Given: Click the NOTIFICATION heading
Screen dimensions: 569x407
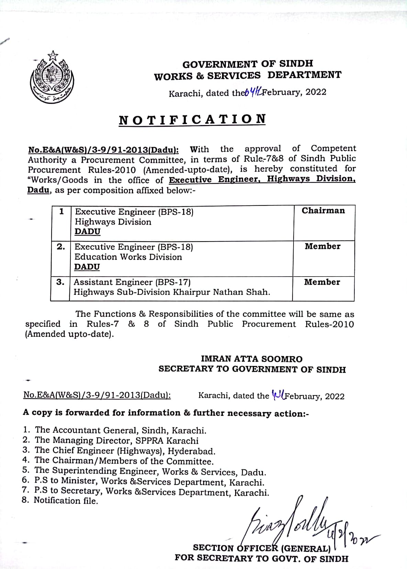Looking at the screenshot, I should point(192,120).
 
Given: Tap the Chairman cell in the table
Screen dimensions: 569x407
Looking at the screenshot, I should point(323,211).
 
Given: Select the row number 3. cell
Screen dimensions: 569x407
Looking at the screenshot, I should point(60,282).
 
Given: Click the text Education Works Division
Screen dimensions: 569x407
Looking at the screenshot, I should point(128,257).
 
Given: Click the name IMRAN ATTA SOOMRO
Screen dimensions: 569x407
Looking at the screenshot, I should point(252,359).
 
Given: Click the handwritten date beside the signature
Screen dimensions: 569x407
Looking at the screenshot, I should point(347,536).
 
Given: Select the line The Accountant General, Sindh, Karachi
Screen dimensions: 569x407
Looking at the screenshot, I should point(120,430).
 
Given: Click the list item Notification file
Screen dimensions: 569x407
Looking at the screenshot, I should point(66,501).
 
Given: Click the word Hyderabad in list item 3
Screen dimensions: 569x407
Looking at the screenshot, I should point(196,451).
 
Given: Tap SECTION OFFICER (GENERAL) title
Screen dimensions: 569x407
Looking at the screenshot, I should point(262,548).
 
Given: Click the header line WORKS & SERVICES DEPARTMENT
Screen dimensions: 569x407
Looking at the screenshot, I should point(247,76).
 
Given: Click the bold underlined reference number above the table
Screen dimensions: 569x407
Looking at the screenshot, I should point(103,150).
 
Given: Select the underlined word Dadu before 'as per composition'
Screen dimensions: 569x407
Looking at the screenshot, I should point(38,190).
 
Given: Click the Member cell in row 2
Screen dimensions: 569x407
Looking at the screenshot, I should point(322,246).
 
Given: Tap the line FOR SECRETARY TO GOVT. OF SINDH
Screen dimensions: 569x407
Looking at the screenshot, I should point(261,558).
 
